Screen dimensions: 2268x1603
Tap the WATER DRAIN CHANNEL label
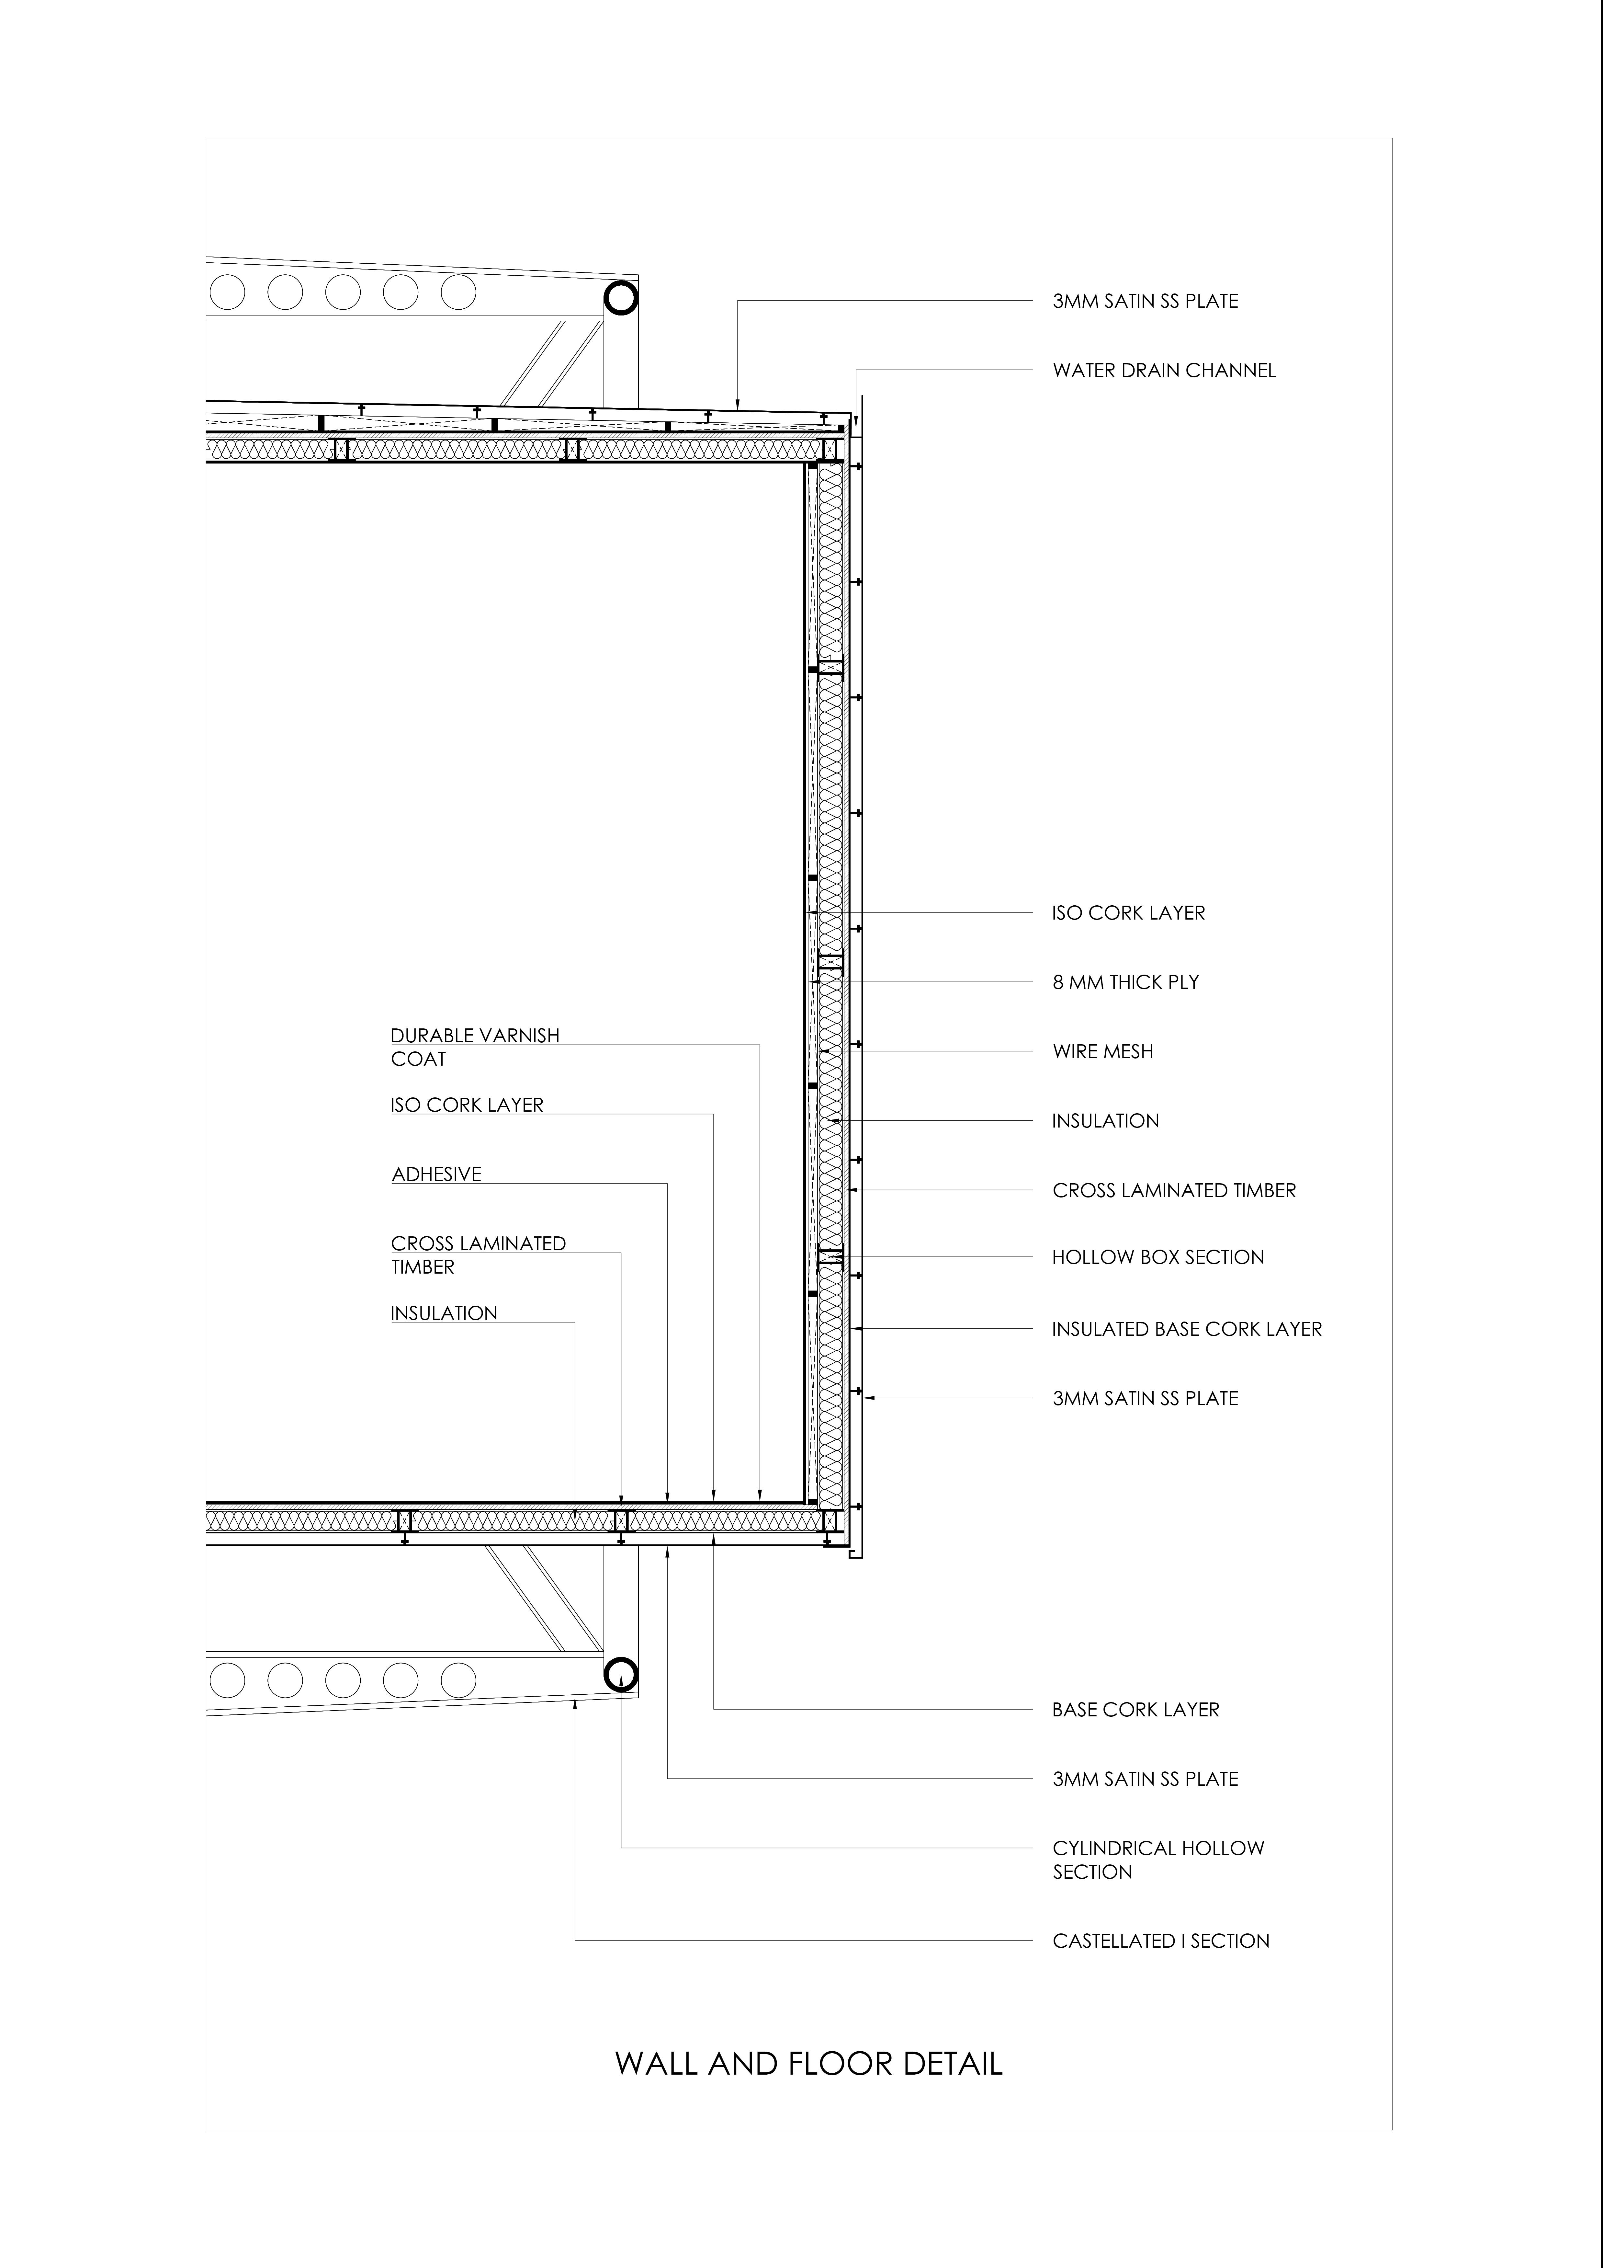tap(1164, 371)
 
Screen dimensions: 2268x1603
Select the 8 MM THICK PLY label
tap(1125, 982)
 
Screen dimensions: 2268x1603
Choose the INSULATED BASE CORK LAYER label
tap(1186, 1329)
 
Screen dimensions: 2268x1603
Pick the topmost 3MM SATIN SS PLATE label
tap(1145, 301)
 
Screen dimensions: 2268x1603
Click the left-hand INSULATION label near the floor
tap(444, 1313)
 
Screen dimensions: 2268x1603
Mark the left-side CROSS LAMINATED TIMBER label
tap(478, 1254)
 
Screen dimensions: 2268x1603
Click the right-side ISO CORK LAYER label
tap(1128, 913)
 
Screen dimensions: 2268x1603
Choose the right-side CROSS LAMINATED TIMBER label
tap(1173, 1190)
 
